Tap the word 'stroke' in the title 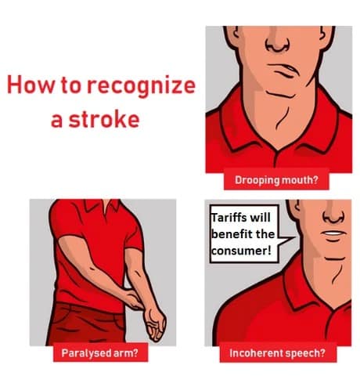pos(104,119)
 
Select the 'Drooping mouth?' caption pos(276,180)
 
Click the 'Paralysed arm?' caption pos(99,352)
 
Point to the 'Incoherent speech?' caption pos(277,353)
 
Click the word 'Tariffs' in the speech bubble pos(227,217)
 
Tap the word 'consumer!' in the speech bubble pos(241,251)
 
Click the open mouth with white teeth pos(334,234)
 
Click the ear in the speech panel pos(295,209)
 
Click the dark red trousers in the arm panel pos(86,323)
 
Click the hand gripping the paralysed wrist pos(133,299)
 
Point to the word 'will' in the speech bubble pos(260,217)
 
